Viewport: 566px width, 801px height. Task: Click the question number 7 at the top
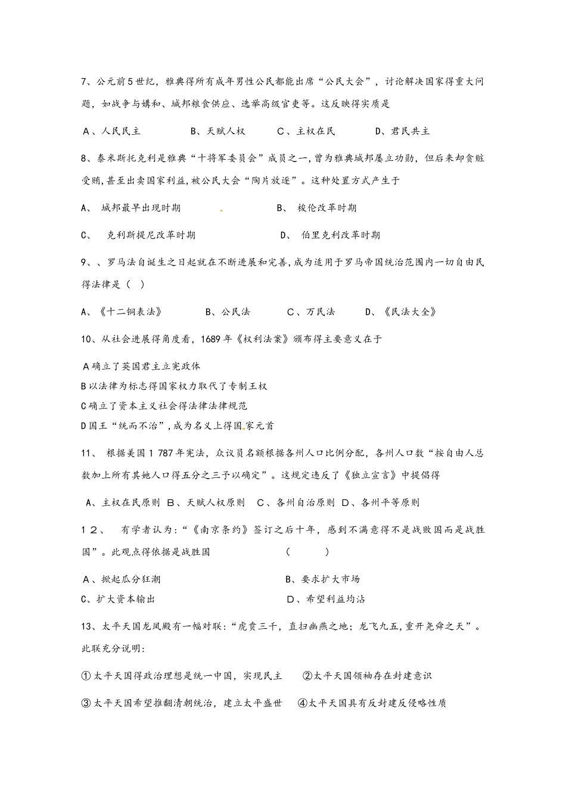click(85, 82)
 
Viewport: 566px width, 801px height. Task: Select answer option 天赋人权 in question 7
click(226, 131)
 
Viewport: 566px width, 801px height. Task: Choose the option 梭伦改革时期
click(327, 208)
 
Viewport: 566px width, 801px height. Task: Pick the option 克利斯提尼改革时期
click(151, 235)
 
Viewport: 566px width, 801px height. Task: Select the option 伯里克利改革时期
click(340, 235)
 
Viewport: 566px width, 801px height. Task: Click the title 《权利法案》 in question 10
click(262, 339)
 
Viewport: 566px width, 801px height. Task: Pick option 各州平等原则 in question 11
click(390, 502)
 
